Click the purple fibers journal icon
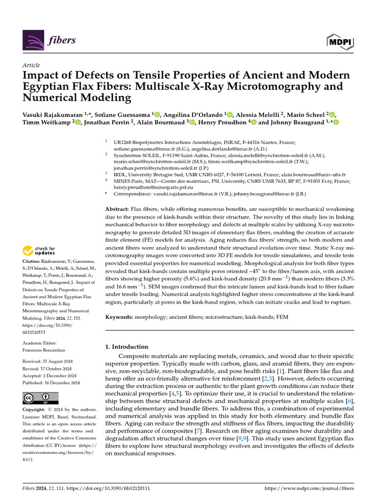point(34,40)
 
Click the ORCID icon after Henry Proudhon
point(254,122)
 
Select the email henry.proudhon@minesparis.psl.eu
point(147,187)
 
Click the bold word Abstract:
point(118,209)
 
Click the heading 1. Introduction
point(127,347)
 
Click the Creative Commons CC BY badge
point(40,398)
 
